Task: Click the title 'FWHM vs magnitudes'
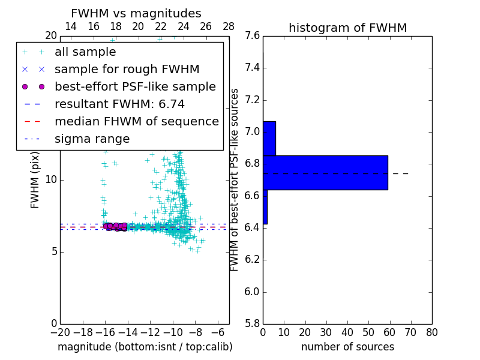coord(136,13)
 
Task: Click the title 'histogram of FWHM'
coord(347,28)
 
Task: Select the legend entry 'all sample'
coord(85,52)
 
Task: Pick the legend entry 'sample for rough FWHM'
coord(127,69)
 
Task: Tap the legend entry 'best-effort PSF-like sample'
coord(135,86)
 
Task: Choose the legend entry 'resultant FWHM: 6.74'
coord(127,104)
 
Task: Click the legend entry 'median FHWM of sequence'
coord(136,121)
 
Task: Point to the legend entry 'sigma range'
coord(92,139)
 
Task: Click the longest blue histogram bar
coord(325,173)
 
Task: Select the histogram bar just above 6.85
coord(269,139)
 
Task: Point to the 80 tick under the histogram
coord(431,332)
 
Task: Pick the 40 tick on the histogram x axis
coord(347,332)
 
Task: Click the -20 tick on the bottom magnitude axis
coord(60,332)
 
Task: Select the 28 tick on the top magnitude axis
coord(229,26)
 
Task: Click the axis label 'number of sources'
coord(347,347)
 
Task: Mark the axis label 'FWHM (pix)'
coord(35,179)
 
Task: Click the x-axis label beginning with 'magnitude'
coord(145,347)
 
